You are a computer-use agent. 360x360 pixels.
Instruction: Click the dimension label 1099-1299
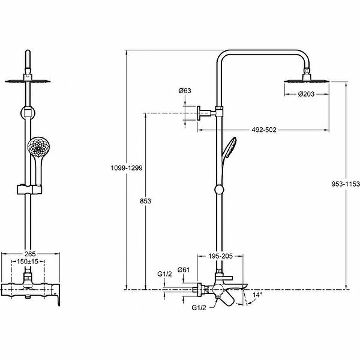[126, 167]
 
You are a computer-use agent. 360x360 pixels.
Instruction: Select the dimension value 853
[145, 201]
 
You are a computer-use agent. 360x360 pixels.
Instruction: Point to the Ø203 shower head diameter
[306, 94]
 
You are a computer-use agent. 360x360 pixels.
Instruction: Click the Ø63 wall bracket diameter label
[185, 91]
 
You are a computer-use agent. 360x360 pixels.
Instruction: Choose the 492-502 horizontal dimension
[263, 130]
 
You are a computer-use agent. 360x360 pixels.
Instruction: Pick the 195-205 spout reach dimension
[220, 256]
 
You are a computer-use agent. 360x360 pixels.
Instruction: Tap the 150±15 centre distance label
[30, 261]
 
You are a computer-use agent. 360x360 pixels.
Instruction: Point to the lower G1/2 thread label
[198, 308]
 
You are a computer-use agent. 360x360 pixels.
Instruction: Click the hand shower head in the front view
[36, 147]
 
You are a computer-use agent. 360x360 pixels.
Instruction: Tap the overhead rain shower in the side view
[306, 80]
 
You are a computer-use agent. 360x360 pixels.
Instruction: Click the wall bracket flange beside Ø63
[199, 113]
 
